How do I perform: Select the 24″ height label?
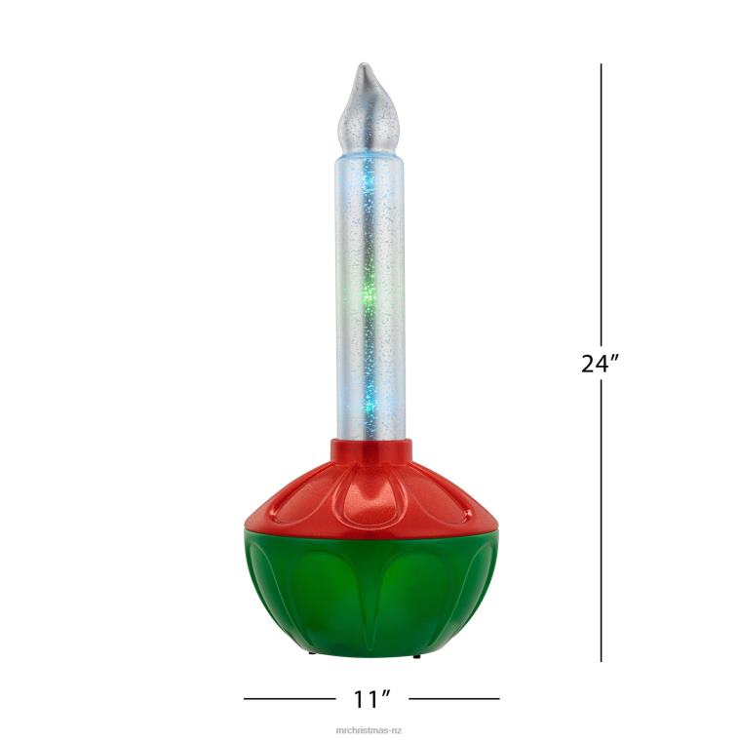coord(601,363)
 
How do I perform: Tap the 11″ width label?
coord(371,699)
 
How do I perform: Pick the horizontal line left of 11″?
coord(289,698)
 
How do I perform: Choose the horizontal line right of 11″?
coord(453,698)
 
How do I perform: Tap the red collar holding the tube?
coord(370,452)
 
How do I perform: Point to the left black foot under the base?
coord(311,655)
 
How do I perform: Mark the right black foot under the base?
coord(416,655)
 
